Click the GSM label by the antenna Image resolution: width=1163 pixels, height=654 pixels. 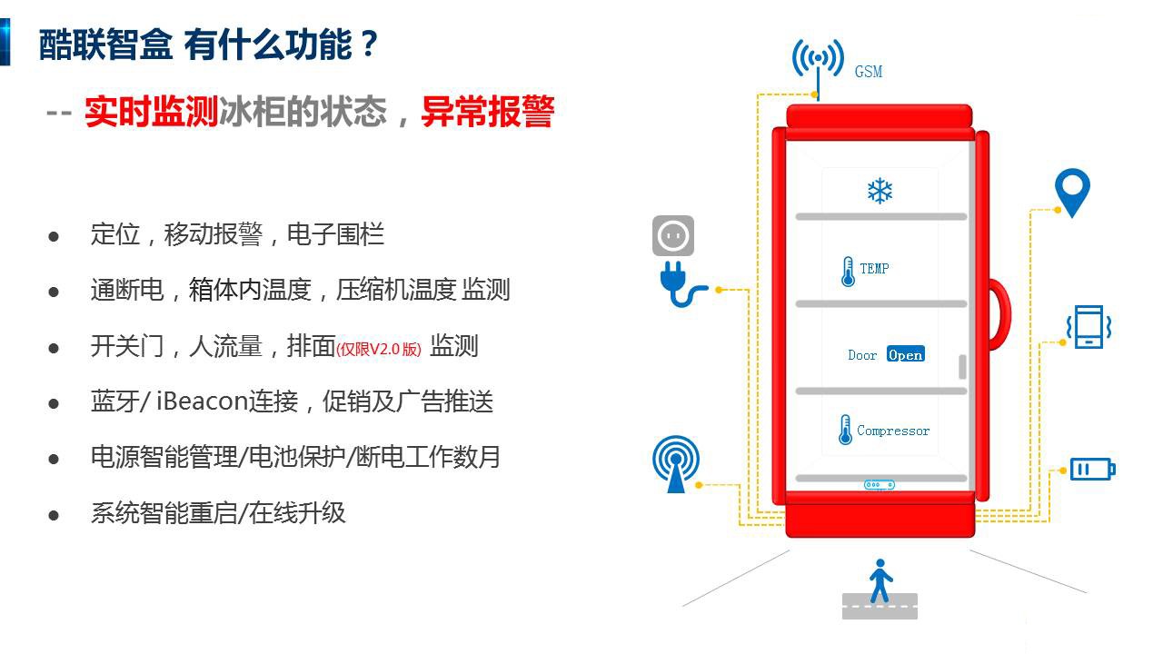(x=868, y=72)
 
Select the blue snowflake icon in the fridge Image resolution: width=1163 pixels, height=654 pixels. (x=880, y=191)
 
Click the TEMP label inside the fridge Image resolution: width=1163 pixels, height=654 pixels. (x=874, y=268)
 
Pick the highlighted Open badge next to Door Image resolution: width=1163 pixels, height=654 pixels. (x=906, y=354)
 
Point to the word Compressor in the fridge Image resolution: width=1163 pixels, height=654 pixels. (x=893, y=431)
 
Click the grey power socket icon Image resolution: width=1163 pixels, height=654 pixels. (x=673, y=235)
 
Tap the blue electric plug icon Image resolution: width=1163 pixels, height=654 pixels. (x=681, y=284)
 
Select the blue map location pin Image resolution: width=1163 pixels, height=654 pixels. (x=1072, y=191)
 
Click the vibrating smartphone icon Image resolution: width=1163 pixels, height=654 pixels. (x=1088, y=326)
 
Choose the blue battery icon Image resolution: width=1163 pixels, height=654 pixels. (x=1092, y=470)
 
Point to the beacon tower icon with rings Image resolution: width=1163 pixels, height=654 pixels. (x=675, y=463)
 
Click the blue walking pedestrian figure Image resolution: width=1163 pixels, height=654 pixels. (x=880, y=580)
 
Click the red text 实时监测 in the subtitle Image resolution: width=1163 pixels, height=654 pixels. (x=151, y=112)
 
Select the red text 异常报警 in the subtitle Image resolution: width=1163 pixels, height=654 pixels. (x=488, y=112)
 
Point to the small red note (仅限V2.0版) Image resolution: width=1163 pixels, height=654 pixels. (x=379, y=349)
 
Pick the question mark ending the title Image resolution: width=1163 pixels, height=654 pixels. (x=370, y=44)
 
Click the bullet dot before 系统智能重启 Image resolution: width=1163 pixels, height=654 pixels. (x=54, y=515)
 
